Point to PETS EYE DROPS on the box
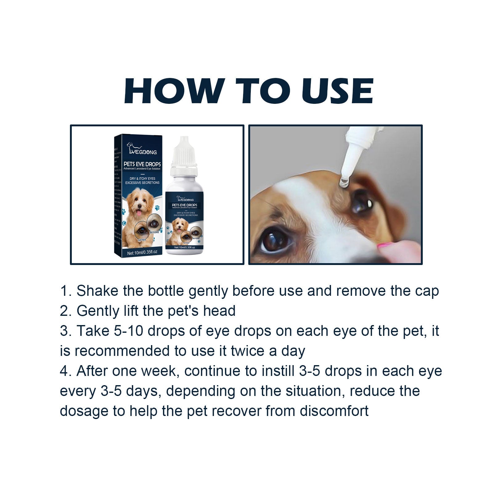[x=142, y=164]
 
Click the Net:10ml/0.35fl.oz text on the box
[x=142, y=252]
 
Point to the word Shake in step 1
[x=97, y=291]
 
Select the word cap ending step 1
[x=427, y=291]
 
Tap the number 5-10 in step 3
[x=128, y=331]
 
